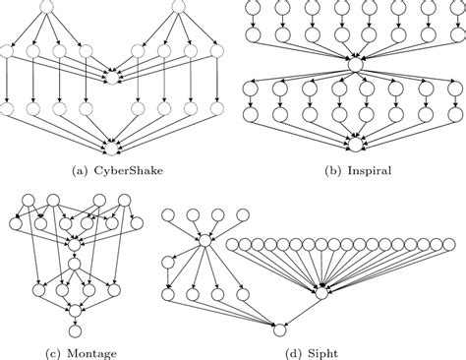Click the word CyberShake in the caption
tap(129, 170)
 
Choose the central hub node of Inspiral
tap(353, 67)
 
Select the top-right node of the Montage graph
tap(125, 204)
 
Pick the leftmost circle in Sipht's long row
tap(233, 244)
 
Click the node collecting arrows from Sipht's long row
tap(320, 291)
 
